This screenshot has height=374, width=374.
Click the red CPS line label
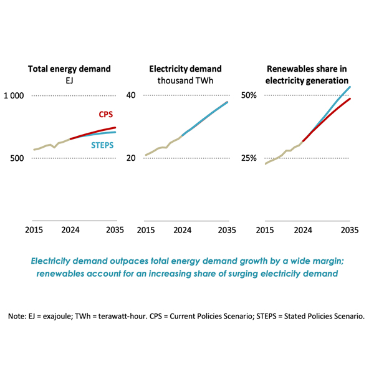click(x=105, y=115)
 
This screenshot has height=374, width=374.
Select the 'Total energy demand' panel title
click(x=69, y=69)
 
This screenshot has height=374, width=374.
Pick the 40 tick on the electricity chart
click(x=130, y=95)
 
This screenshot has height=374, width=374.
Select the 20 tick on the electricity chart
click(x=130, y=158)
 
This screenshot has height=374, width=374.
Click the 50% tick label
click(x=249, y=95)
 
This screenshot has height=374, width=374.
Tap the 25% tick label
click(x=249, y=158)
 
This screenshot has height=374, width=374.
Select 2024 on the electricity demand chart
click(x=182, y=230)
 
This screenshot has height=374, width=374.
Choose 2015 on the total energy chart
click(x=34, y=230)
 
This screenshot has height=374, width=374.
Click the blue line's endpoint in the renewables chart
click(x=350, y=87)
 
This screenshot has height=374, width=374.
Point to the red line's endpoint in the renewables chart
click(x=350, y=98)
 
